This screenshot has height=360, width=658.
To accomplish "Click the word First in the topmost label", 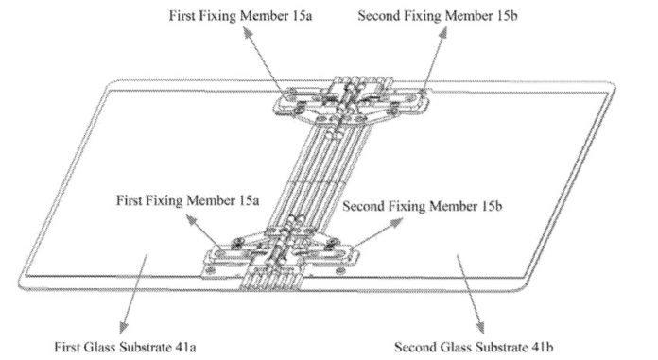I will coord(182,15).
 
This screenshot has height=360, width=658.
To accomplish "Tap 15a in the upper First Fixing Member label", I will coord(303,15).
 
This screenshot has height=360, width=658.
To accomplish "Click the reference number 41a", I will coord(182,347).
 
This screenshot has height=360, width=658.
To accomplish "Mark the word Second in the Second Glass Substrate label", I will coord(414,347).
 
